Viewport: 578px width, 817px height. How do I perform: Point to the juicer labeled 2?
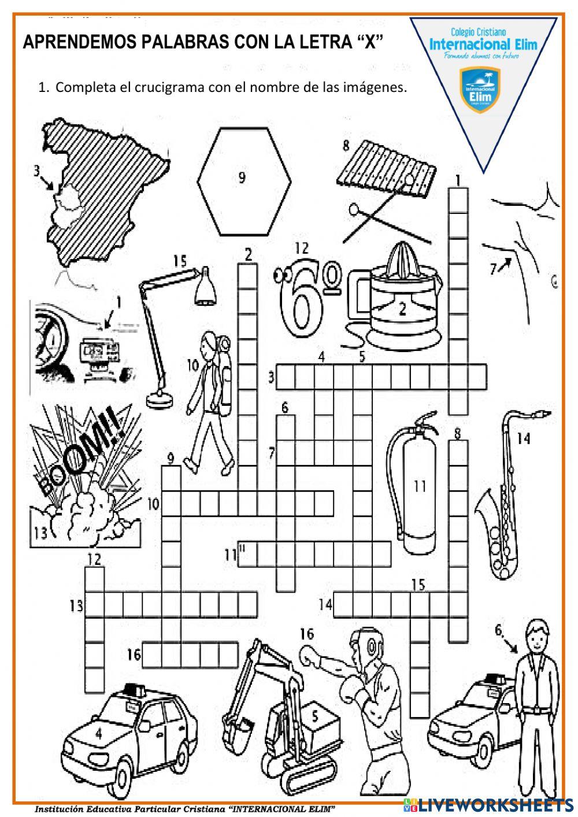click(x=401, y=301)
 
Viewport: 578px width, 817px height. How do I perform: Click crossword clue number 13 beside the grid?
click(x=76, y=605)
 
